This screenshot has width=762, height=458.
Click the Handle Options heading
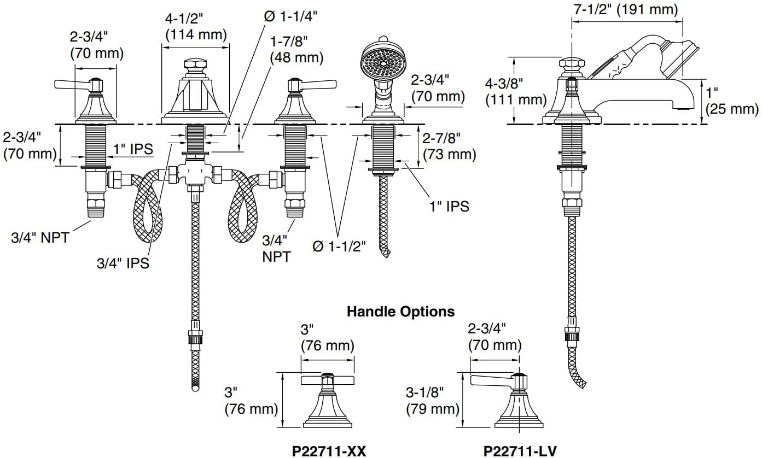(x=400, y=312)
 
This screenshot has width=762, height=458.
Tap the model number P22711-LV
(x=520, y=451)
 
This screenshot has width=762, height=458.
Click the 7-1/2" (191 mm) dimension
(x=623, y=9)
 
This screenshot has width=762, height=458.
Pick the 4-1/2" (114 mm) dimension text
(x=196, y=27)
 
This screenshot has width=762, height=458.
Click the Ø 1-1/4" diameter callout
(x=290, y=16)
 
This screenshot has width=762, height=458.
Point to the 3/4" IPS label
(x=123, y=263)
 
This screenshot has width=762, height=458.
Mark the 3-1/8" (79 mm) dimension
(x=432, y=400)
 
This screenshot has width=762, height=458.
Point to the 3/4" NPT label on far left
(x=40, y=237)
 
